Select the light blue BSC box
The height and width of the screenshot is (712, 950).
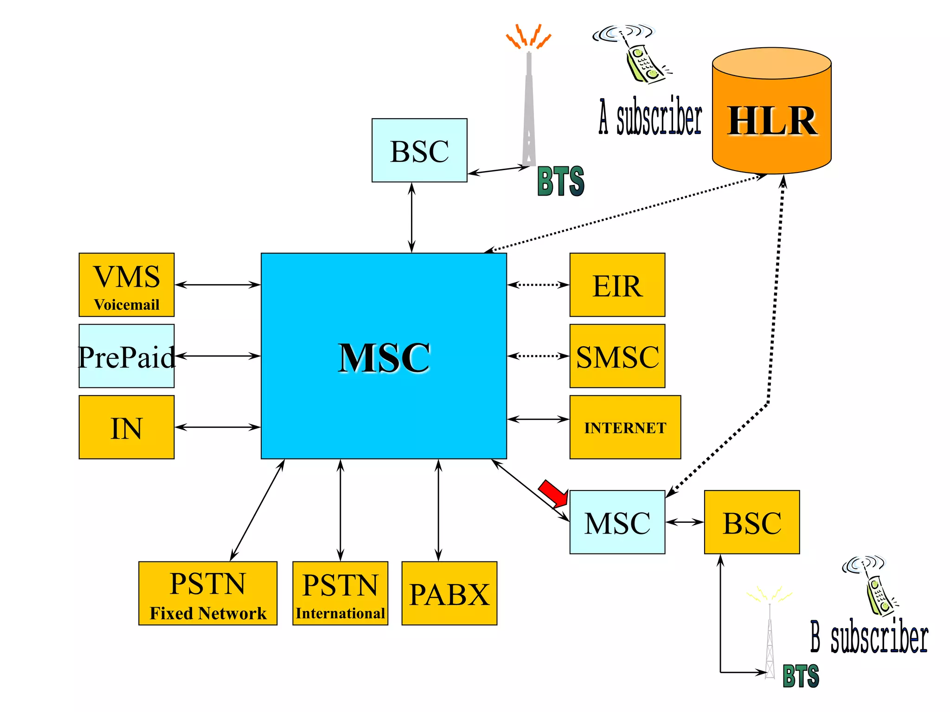point(419,151)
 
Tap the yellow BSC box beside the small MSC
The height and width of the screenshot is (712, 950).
point(751,522)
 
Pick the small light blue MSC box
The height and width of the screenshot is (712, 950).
point(617,522)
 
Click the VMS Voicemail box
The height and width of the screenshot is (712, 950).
point(126,285)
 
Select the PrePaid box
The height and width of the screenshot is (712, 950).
point(126,356)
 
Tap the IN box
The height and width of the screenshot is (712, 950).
point(126,427)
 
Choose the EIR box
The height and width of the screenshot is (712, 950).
point(617,285)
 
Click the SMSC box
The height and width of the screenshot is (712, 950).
point(617,356)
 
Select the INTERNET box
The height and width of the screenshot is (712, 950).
point(625,427)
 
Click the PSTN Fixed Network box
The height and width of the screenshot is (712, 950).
point(207,594)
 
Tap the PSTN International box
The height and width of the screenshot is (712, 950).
point(340,594)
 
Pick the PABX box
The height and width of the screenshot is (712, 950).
point(449,594)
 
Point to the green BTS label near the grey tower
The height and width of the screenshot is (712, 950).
point(560,181)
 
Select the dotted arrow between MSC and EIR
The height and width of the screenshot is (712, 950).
point(538,285)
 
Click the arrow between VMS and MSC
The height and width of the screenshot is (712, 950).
point(217,285)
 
